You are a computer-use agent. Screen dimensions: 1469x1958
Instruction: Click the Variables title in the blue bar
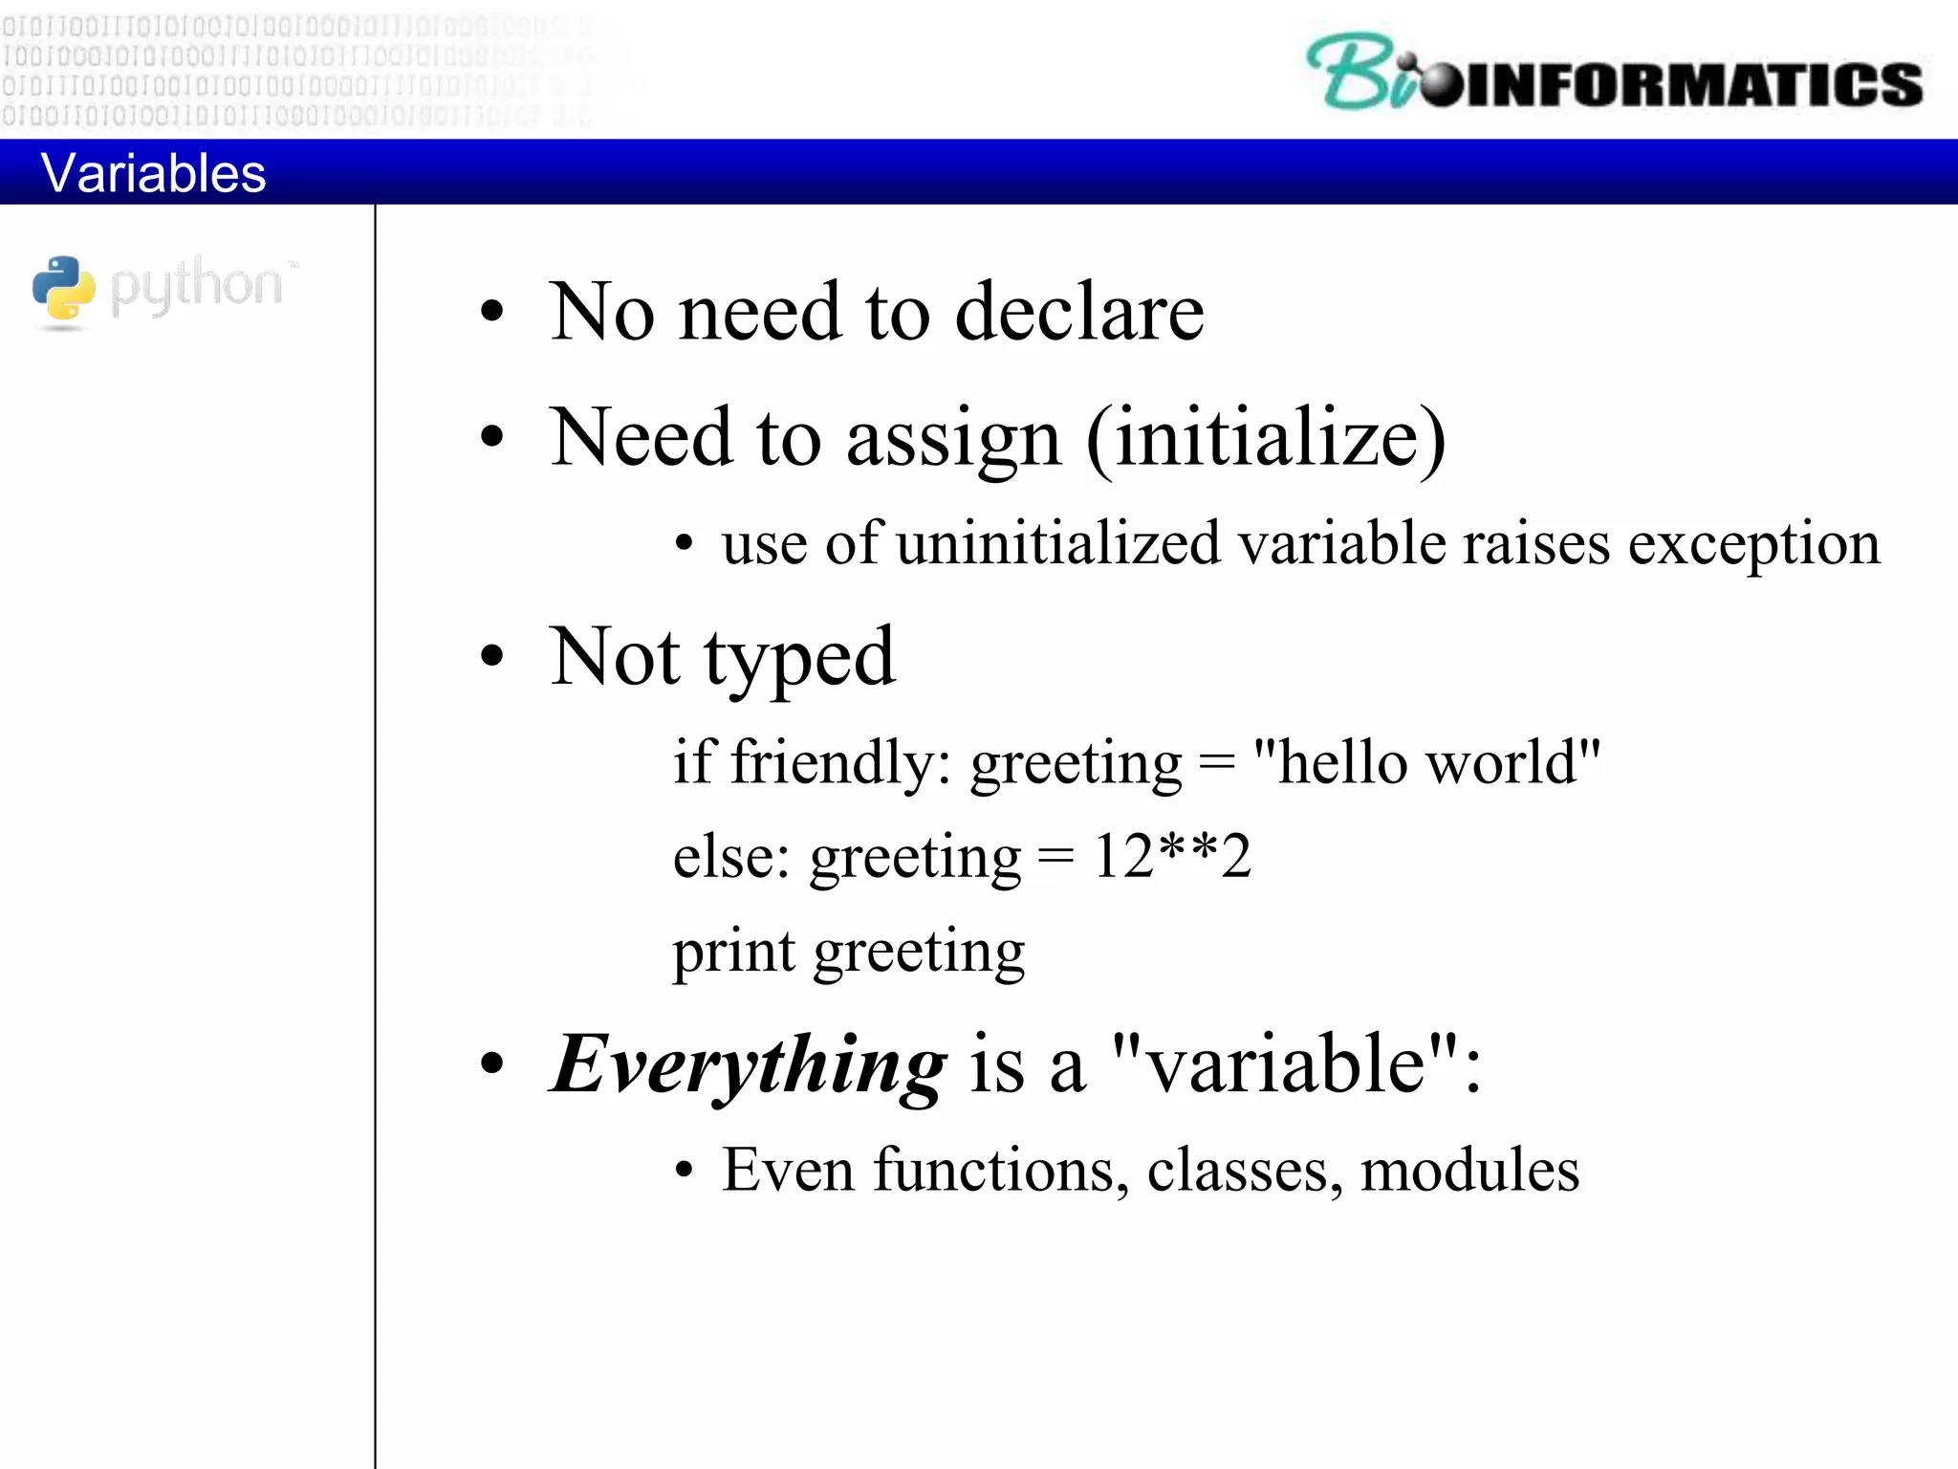click(x=153, y=174)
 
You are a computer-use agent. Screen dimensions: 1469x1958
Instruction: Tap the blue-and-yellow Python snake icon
click(x=63, y=289)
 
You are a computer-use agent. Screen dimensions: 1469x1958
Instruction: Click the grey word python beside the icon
click(x=196, y=286)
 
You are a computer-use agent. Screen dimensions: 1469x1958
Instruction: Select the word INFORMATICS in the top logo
click(x=1692, y=84)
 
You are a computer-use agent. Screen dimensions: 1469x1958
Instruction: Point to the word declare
click(x=1079, y=313)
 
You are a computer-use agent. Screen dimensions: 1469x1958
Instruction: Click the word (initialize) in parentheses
click(x=1266, y=438)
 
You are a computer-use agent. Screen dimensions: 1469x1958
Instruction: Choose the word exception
click(x=1753, y=544)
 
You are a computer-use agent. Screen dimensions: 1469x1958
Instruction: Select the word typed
click(x=800, y=659)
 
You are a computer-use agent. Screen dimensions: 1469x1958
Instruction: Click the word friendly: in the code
click(x=840, y=763)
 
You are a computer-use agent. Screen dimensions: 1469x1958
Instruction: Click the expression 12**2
click(x=1171, y=856)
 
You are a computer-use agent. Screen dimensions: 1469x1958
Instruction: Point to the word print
click(x=733, y=952)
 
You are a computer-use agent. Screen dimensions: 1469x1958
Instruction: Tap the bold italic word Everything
click(x=749, y=1065)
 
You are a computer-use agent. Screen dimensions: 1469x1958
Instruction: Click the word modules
click(x=1469, y=1171)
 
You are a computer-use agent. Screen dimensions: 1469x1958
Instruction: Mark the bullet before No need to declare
click(x=491, y=312)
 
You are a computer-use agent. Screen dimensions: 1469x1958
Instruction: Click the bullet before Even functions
click(x=683, y=1172)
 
